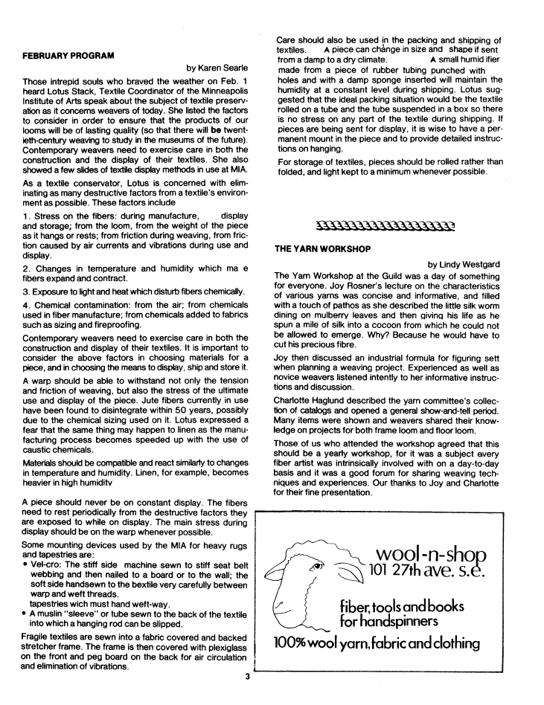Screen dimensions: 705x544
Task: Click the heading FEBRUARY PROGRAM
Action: point(68,56)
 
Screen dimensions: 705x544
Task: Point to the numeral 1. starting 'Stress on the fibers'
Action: point(26,216)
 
